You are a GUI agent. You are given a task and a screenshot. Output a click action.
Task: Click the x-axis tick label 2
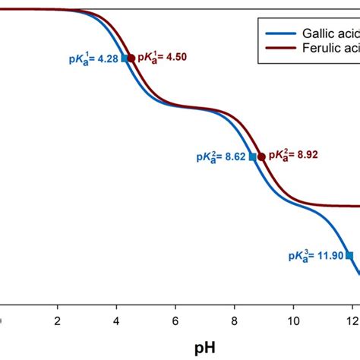click(58, 321)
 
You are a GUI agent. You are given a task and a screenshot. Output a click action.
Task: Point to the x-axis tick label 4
click(116, 321)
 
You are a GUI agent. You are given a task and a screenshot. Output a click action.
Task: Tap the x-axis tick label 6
click(175, 321)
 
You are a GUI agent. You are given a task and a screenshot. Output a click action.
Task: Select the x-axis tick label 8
click(234, 321)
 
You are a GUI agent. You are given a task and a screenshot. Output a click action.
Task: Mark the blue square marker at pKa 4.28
click(125, 58)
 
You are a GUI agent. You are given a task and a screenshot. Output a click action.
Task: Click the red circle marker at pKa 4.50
click(131, 58)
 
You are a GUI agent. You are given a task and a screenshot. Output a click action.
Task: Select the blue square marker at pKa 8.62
click(253, 156)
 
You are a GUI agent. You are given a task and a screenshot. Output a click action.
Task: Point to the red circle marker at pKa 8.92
click(262, 156)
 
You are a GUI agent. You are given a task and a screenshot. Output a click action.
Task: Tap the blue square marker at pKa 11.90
click(349, 255)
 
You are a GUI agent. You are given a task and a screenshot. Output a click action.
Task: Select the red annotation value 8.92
click(305, 156)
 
